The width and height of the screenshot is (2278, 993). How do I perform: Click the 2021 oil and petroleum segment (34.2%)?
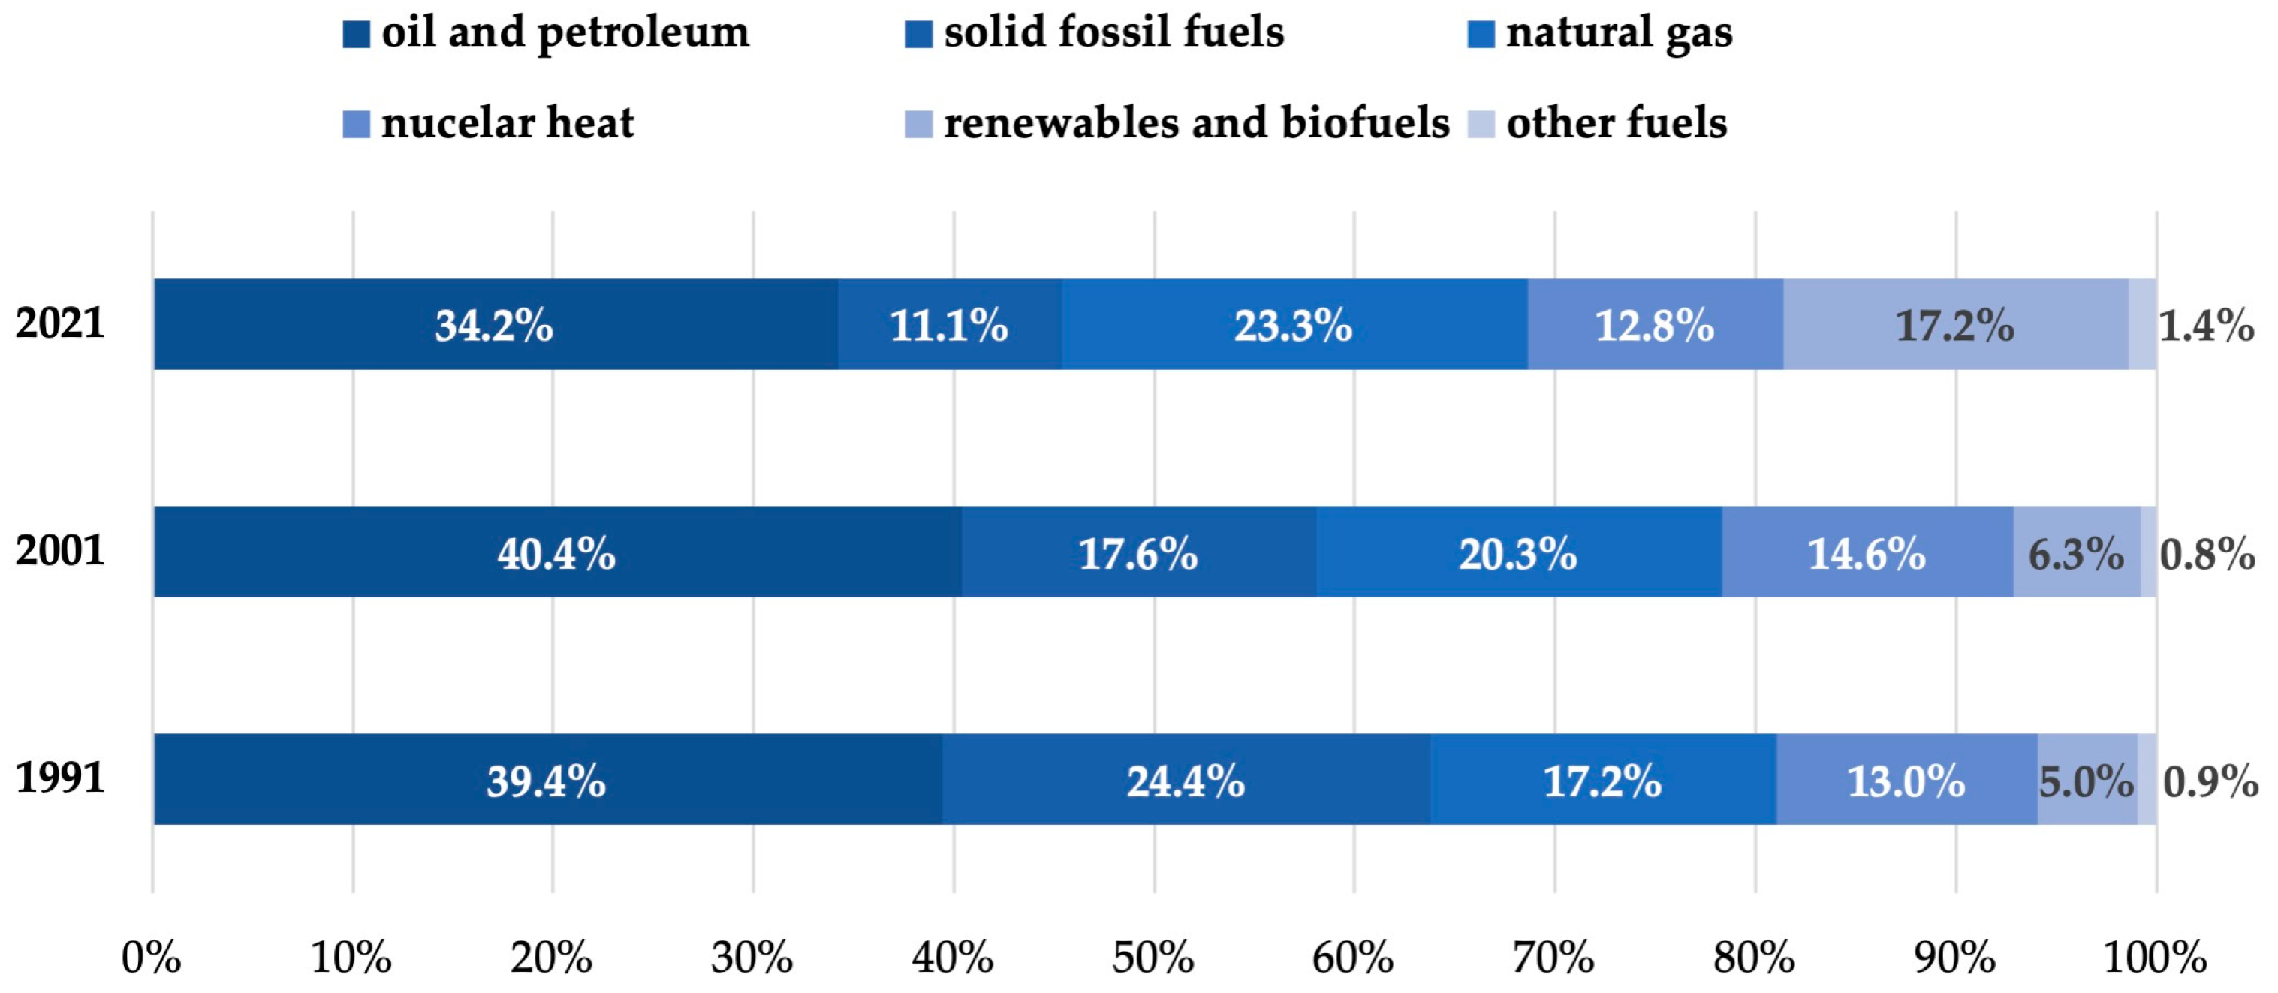496,324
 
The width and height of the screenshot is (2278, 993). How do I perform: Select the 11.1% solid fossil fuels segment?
949,324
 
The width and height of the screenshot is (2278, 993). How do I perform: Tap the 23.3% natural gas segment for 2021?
1294,324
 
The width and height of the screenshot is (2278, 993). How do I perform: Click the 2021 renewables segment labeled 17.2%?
1955,324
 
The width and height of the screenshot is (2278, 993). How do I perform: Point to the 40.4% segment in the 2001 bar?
556,552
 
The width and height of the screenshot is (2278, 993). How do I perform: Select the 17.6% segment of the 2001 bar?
1138,552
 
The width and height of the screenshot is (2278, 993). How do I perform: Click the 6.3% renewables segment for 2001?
2075,552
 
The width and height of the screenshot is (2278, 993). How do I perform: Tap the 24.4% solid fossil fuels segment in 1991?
1186,780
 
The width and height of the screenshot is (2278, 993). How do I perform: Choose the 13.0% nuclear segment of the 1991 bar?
1906,780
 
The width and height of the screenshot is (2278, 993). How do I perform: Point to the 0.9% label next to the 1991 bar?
2210,781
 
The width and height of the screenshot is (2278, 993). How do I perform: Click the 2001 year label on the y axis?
60,550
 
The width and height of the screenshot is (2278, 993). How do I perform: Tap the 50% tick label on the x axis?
1153,958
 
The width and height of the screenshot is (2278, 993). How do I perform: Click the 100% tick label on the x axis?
2155,958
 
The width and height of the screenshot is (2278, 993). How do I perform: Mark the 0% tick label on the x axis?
151,958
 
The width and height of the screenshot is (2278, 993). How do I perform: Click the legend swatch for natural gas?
1481,34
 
